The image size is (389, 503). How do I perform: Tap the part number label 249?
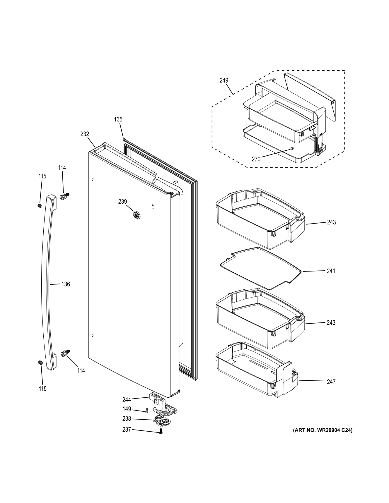(x=224, y=80)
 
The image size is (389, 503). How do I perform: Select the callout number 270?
(x=256, y=159)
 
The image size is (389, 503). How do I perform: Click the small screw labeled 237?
(x=161, y=432)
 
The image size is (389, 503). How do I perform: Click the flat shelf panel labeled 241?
(x=261, y=268)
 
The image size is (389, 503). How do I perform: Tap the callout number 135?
(x=118, y=119)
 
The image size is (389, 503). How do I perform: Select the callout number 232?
(x=85, y=134)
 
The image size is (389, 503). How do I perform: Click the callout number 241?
(x=331, y=271)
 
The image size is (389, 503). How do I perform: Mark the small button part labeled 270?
(x=292, y=149)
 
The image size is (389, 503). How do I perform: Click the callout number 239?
(x=122, y=201)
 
